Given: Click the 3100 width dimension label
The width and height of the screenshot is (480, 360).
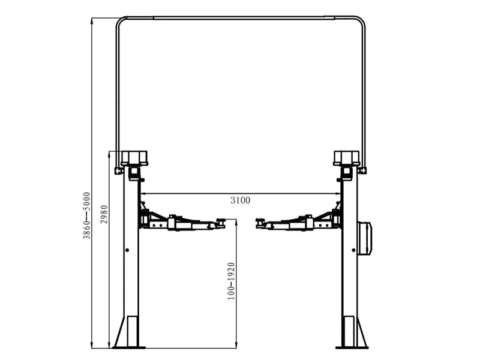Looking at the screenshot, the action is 241,200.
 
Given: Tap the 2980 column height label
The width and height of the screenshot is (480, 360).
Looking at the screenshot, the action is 104,214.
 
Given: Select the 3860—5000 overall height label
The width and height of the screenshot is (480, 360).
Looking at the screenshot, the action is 87,215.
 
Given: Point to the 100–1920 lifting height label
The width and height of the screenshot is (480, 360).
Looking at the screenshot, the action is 231,281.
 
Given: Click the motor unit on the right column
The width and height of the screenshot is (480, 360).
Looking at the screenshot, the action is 365,238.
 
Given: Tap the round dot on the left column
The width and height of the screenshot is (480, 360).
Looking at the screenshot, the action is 127,250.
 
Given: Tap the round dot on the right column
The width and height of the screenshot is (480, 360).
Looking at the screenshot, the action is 353,250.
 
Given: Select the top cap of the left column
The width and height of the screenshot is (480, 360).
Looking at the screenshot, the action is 134,158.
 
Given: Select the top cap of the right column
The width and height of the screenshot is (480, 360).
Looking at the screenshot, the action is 347,158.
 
